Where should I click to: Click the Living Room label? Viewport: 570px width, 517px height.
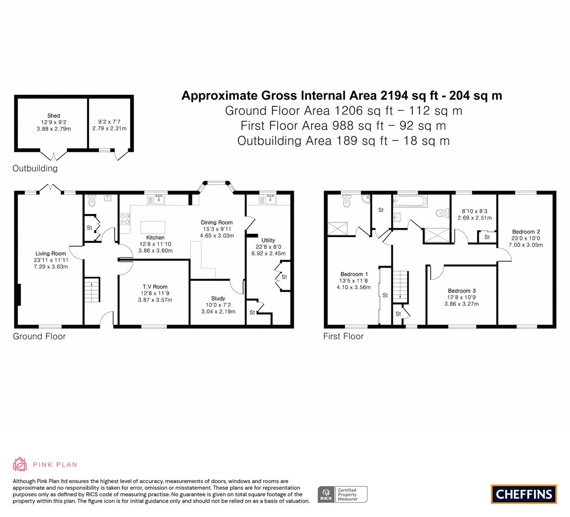51,254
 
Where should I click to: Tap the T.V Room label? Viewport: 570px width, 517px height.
154,287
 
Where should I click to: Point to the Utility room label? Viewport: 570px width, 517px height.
268,240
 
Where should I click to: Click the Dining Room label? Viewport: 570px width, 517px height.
216,223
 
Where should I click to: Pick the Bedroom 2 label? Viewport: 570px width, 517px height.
525,232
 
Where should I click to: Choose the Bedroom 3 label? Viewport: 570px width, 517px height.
461,291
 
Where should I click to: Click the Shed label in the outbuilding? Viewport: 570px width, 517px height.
54,116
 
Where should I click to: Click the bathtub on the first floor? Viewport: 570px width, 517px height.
410,201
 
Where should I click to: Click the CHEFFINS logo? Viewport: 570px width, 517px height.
524,494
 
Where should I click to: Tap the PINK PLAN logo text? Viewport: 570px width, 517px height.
55,464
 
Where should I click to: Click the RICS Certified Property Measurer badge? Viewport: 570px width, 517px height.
343,494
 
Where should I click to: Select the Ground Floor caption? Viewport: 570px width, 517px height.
39,336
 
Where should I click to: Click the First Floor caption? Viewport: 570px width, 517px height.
343,336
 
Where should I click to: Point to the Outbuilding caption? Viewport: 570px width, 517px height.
35,168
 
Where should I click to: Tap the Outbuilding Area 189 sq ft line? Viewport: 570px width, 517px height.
343,141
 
